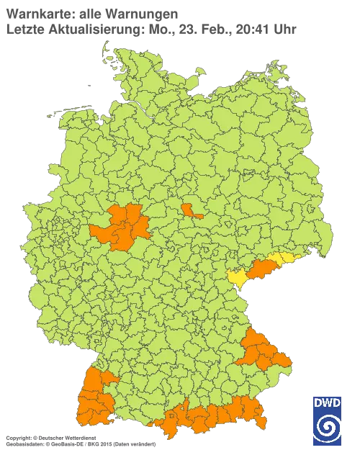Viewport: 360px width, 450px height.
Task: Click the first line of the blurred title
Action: pos(90,14)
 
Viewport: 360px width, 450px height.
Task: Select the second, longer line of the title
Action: pos(151,29)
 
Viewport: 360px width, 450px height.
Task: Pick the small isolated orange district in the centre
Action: pos(192,210)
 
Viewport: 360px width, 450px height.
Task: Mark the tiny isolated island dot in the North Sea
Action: pos(88,84)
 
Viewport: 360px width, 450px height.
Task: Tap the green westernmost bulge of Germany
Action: pos(29,216)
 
